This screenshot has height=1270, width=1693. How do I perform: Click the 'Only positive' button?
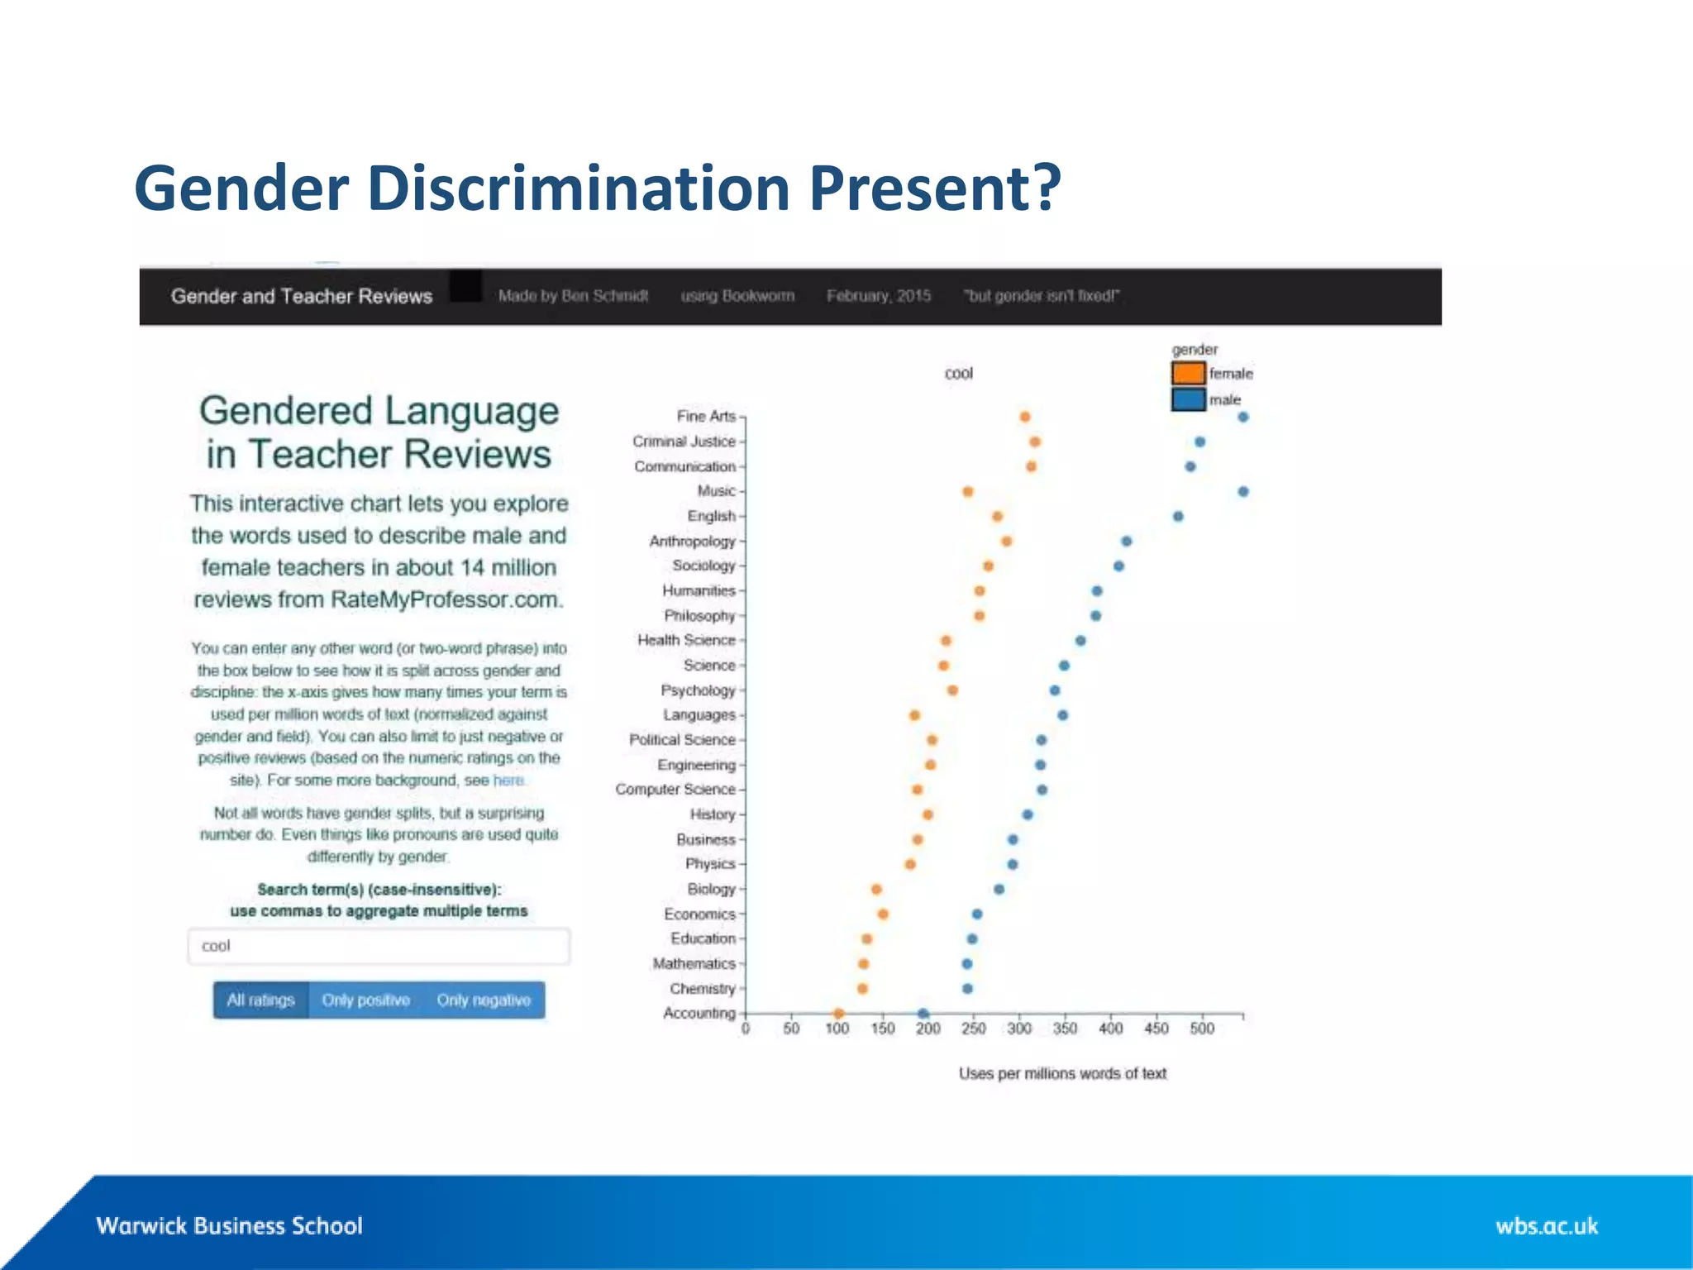(x=365, y=1000)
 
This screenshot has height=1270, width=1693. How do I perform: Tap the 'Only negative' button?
(x=484, y=1000)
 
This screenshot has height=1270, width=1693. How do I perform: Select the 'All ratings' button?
(x=260, y=1000)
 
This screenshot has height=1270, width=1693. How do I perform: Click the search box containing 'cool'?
(x=379, y=946)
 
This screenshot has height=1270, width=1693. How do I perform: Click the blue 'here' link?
(x=508, y=781)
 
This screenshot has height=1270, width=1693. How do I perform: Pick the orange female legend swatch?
(x=1188, y=373)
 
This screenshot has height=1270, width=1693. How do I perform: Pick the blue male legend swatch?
(x=1188, y=399)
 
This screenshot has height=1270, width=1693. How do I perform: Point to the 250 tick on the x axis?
(x=974, y=1029)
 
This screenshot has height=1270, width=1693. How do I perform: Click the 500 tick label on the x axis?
(x=1202, y=1029)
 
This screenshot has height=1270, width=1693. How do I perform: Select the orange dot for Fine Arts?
(x=1025, y=417)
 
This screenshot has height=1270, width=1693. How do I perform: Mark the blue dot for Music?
(x=1243, y=491)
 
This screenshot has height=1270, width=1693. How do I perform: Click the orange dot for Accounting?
(x=838, y=1013)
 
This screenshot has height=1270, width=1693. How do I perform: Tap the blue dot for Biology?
(x=999, y=889)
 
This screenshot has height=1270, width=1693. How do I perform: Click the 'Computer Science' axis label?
(x=675, y=790)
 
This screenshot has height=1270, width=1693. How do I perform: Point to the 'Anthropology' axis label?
(x=692, y=541)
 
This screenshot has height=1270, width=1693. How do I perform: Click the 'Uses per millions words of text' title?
(x=1062, y=1073)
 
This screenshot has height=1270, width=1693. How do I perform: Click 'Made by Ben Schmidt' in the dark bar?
(x=573, y=296)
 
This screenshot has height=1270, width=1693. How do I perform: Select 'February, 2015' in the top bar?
(x=878, y=296)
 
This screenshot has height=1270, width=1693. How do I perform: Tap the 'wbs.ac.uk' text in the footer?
(x=1546, y=1225)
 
